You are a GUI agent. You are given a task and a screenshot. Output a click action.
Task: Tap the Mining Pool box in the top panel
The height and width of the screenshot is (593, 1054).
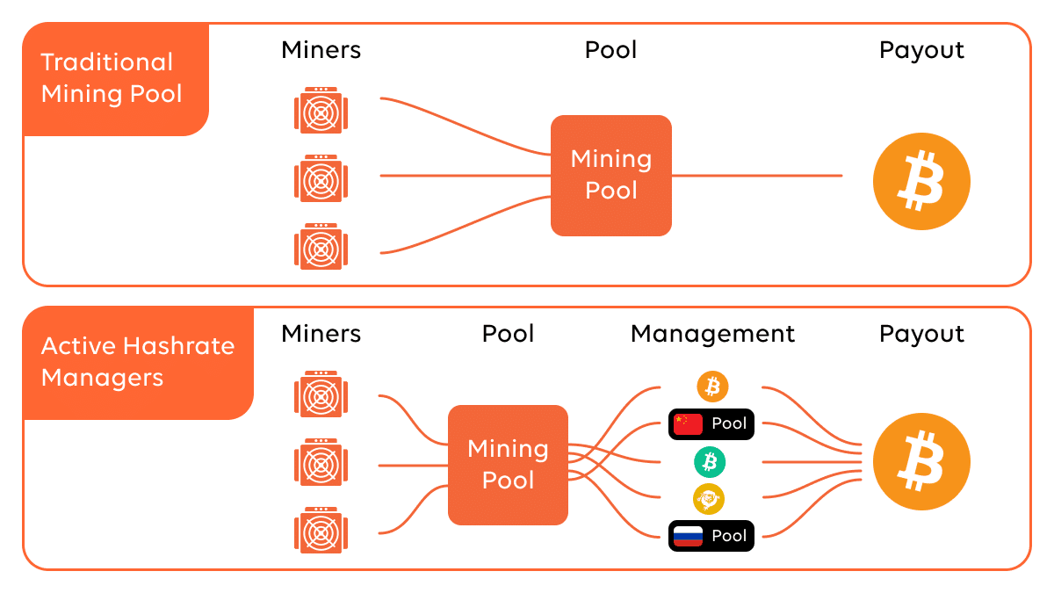click(611, 176)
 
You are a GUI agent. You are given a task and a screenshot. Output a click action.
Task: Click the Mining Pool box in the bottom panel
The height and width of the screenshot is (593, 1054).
click(508, 465)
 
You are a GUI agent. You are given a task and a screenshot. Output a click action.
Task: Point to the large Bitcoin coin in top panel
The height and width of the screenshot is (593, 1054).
click(920, 183)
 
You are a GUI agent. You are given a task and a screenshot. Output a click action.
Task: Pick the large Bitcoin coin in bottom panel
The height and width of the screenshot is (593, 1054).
click(920, 462)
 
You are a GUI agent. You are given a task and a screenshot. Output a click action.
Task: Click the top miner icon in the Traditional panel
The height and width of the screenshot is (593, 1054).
click(321, 110)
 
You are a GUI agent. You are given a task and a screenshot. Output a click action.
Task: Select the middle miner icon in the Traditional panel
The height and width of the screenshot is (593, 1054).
click(321, 178)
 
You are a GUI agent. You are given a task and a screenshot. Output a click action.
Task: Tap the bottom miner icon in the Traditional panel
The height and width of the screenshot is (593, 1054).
click(321, 246)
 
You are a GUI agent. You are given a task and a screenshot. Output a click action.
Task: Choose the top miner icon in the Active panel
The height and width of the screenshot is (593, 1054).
click(321, 394)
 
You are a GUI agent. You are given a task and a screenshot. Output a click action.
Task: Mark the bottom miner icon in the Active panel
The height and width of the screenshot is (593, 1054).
click(321, 531)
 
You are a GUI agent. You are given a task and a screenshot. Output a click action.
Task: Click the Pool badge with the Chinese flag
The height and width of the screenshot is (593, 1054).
click(711, 423)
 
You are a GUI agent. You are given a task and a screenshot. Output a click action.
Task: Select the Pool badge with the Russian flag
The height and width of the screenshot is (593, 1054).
click(711, 536)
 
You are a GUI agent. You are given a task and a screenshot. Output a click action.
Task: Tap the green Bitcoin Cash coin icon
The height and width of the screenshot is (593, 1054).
click(710, 461)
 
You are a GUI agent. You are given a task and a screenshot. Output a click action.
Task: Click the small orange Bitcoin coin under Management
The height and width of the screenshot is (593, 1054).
click(712, 386)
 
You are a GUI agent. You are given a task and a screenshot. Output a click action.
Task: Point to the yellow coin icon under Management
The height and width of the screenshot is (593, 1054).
click(709, 499)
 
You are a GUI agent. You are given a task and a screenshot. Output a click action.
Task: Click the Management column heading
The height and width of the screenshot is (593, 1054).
click(712, 334)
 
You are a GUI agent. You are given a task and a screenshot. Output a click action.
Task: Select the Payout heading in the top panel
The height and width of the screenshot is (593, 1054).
click(921, 50)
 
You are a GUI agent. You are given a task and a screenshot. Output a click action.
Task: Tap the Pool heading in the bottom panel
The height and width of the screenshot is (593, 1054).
click(508, 334)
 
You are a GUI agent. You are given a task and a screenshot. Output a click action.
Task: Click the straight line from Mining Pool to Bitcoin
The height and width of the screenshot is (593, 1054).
click(755, 176)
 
